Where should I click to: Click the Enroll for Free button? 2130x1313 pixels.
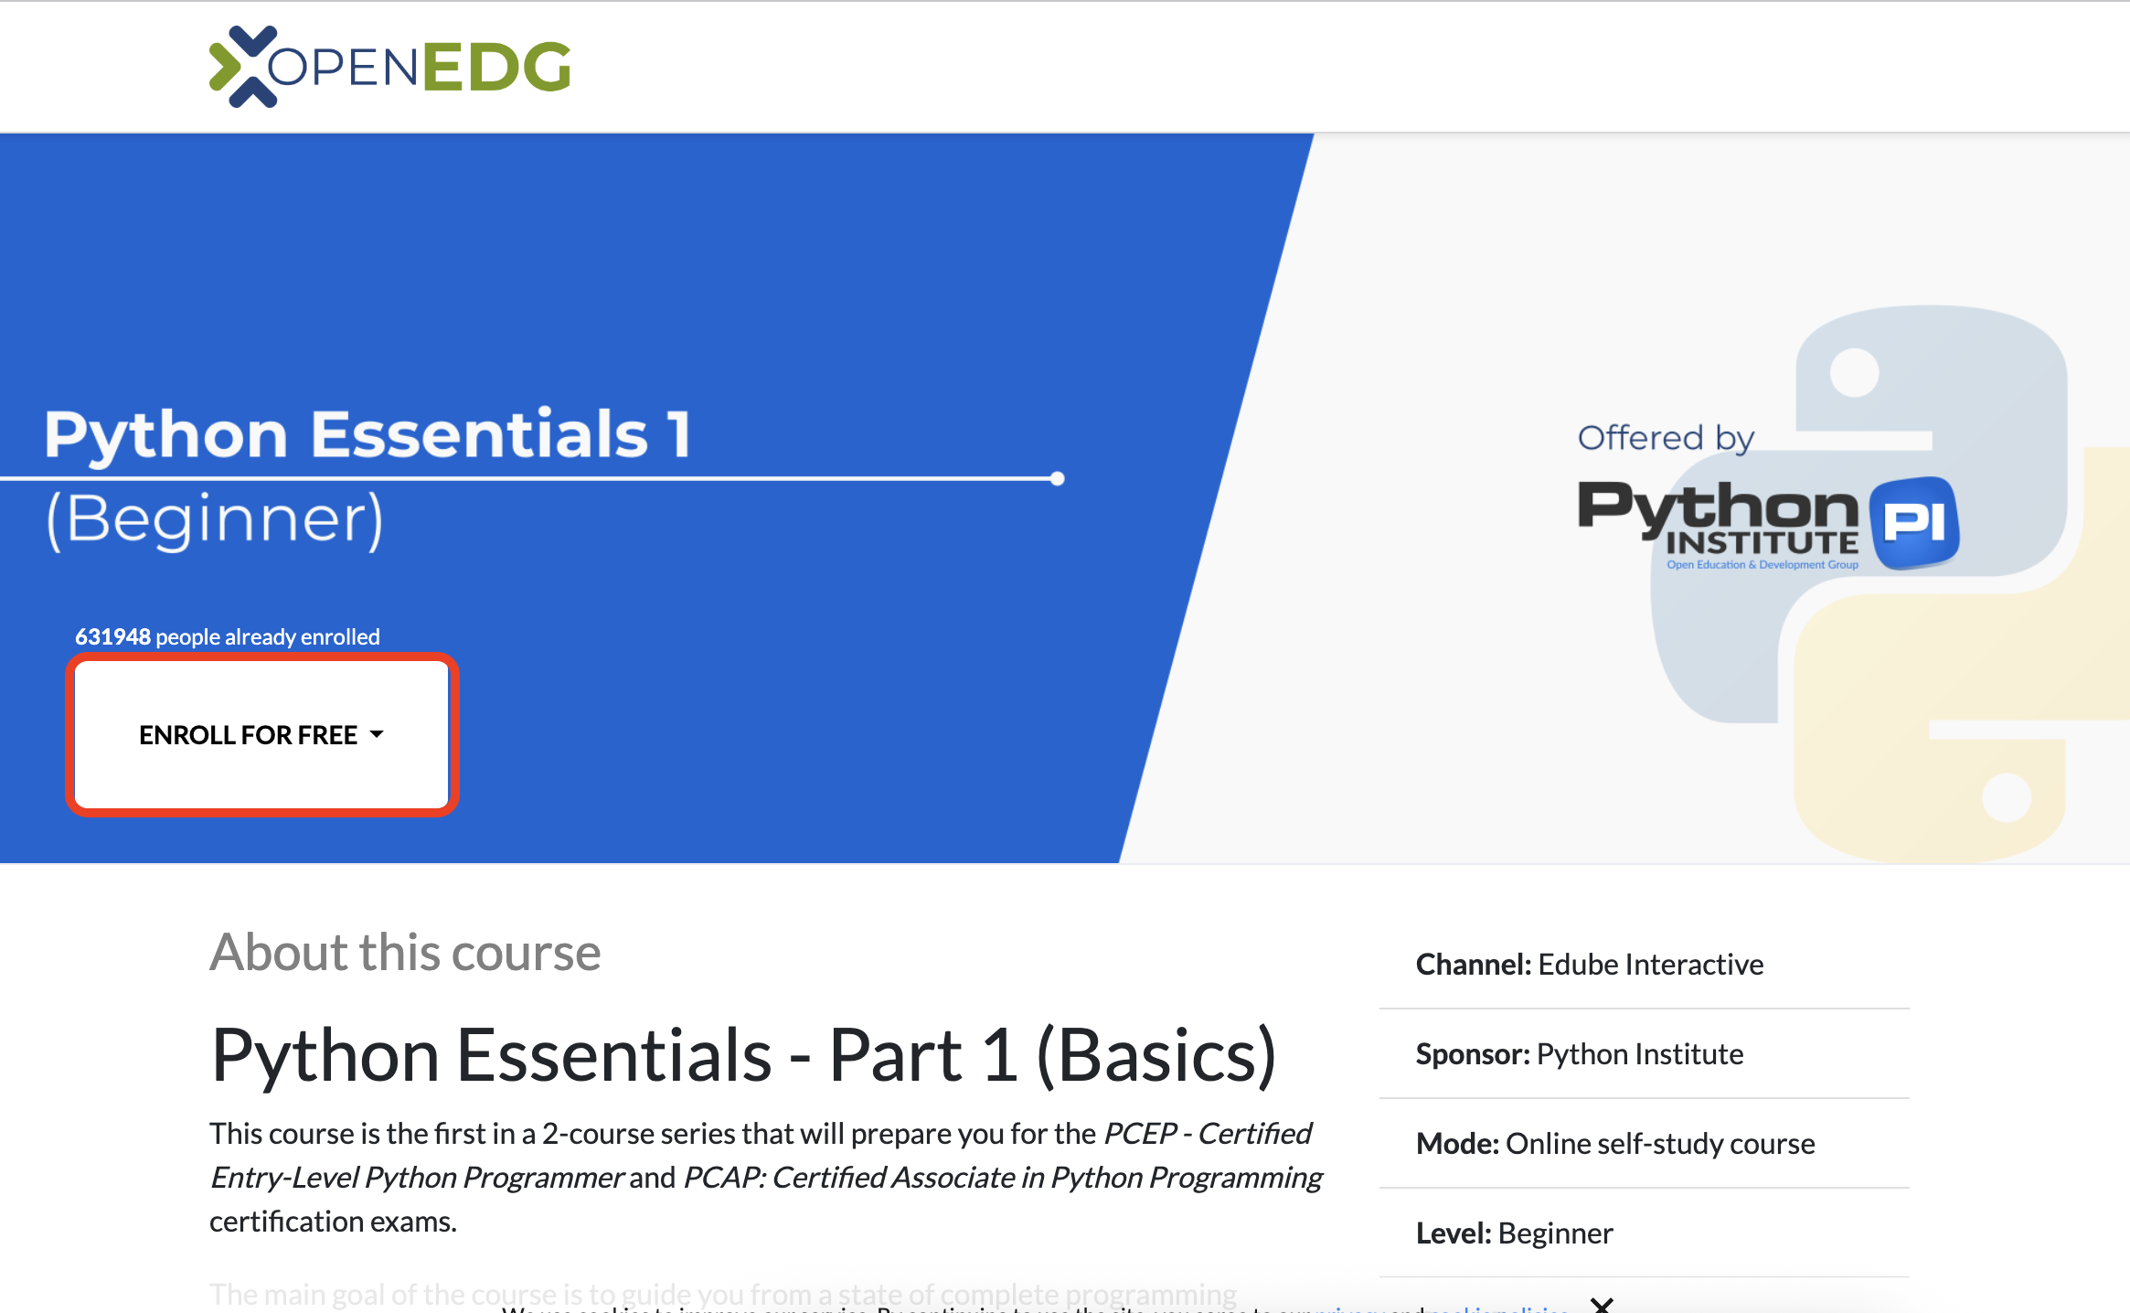261,734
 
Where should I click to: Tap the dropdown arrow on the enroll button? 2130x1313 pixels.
377,734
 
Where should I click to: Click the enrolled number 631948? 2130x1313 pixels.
112,636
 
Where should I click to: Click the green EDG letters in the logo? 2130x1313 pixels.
496,68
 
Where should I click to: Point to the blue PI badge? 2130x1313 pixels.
1915,522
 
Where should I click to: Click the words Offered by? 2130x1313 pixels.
1666,438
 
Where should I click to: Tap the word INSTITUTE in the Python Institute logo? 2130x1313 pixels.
1762,543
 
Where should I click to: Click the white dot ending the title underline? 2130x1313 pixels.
1058,478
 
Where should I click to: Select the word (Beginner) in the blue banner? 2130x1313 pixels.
215,518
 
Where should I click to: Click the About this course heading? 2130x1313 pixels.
405,952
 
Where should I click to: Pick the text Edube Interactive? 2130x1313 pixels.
1650,965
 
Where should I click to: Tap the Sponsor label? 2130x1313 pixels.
1472,1054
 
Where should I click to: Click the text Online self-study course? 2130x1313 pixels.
1659,1144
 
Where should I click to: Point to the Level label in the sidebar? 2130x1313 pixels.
1454,1233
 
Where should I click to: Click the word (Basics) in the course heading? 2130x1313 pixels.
1156,1055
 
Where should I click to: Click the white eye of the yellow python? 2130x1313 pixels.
2007,797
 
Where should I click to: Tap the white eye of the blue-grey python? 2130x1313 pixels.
1854,372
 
